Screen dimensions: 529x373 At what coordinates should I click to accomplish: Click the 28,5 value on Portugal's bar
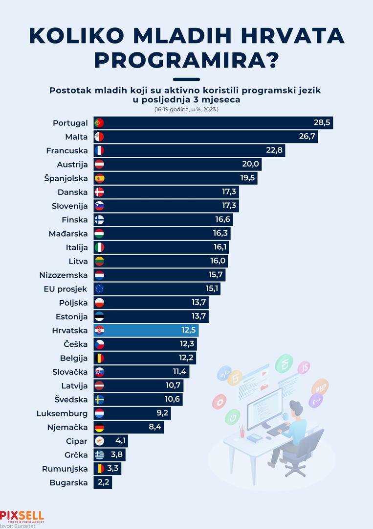(x=322, y=123)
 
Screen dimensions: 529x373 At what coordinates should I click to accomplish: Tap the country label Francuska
(x=67, y=150)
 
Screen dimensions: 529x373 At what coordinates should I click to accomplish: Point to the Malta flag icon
(x=99, y=137)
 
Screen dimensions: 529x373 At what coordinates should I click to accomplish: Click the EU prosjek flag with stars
(x=99, y=289)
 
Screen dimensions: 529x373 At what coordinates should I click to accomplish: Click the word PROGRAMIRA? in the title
(x=186, y=60)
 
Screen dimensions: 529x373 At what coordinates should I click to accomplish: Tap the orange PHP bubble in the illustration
(x=320, y=388)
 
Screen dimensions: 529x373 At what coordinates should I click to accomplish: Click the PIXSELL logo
(x=22, y=516)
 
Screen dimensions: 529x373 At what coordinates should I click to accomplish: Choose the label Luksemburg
(x=62, y=413)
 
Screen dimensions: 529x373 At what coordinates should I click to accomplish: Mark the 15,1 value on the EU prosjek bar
(x=212, y=289)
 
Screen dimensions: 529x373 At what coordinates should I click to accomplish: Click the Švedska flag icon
(x=99, y=400)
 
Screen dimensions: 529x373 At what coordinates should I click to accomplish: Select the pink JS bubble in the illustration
(x=304, y=367)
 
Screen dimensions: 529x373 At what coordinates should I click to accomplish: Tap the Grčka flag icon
(x=99, y=455)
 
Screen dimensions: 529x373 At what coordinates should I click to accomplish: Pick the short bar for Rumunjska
(x=107, y=469)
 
